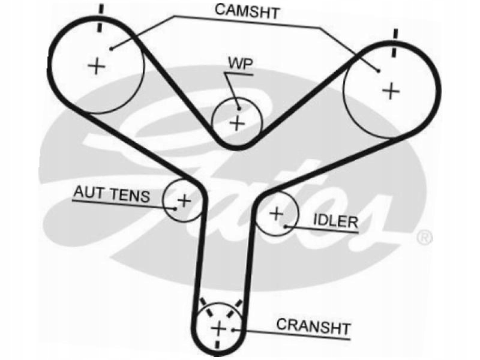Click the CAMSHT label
click(x=247, y=11)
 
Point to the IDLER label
click(x=335, y=221)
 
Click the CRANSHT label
click(x=313, y=326)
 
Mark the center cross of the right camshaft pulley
click(x=391, y=91)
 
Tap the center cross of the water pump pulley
click(x=238, y=123)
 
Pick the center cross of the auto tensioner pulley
click(x=184, y=199)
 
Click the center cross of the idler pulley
click(x=276, y=213)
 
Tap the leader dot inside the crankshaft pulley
click(x=234, y=329)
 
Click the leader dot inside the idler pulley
click(x=288, y=226)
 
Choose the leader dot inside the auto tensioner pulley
click(x=174, y=209)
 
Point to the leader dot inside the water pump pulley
click(x=238, y=109)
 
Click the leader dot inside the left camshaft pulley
click(x=112, y=48)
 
